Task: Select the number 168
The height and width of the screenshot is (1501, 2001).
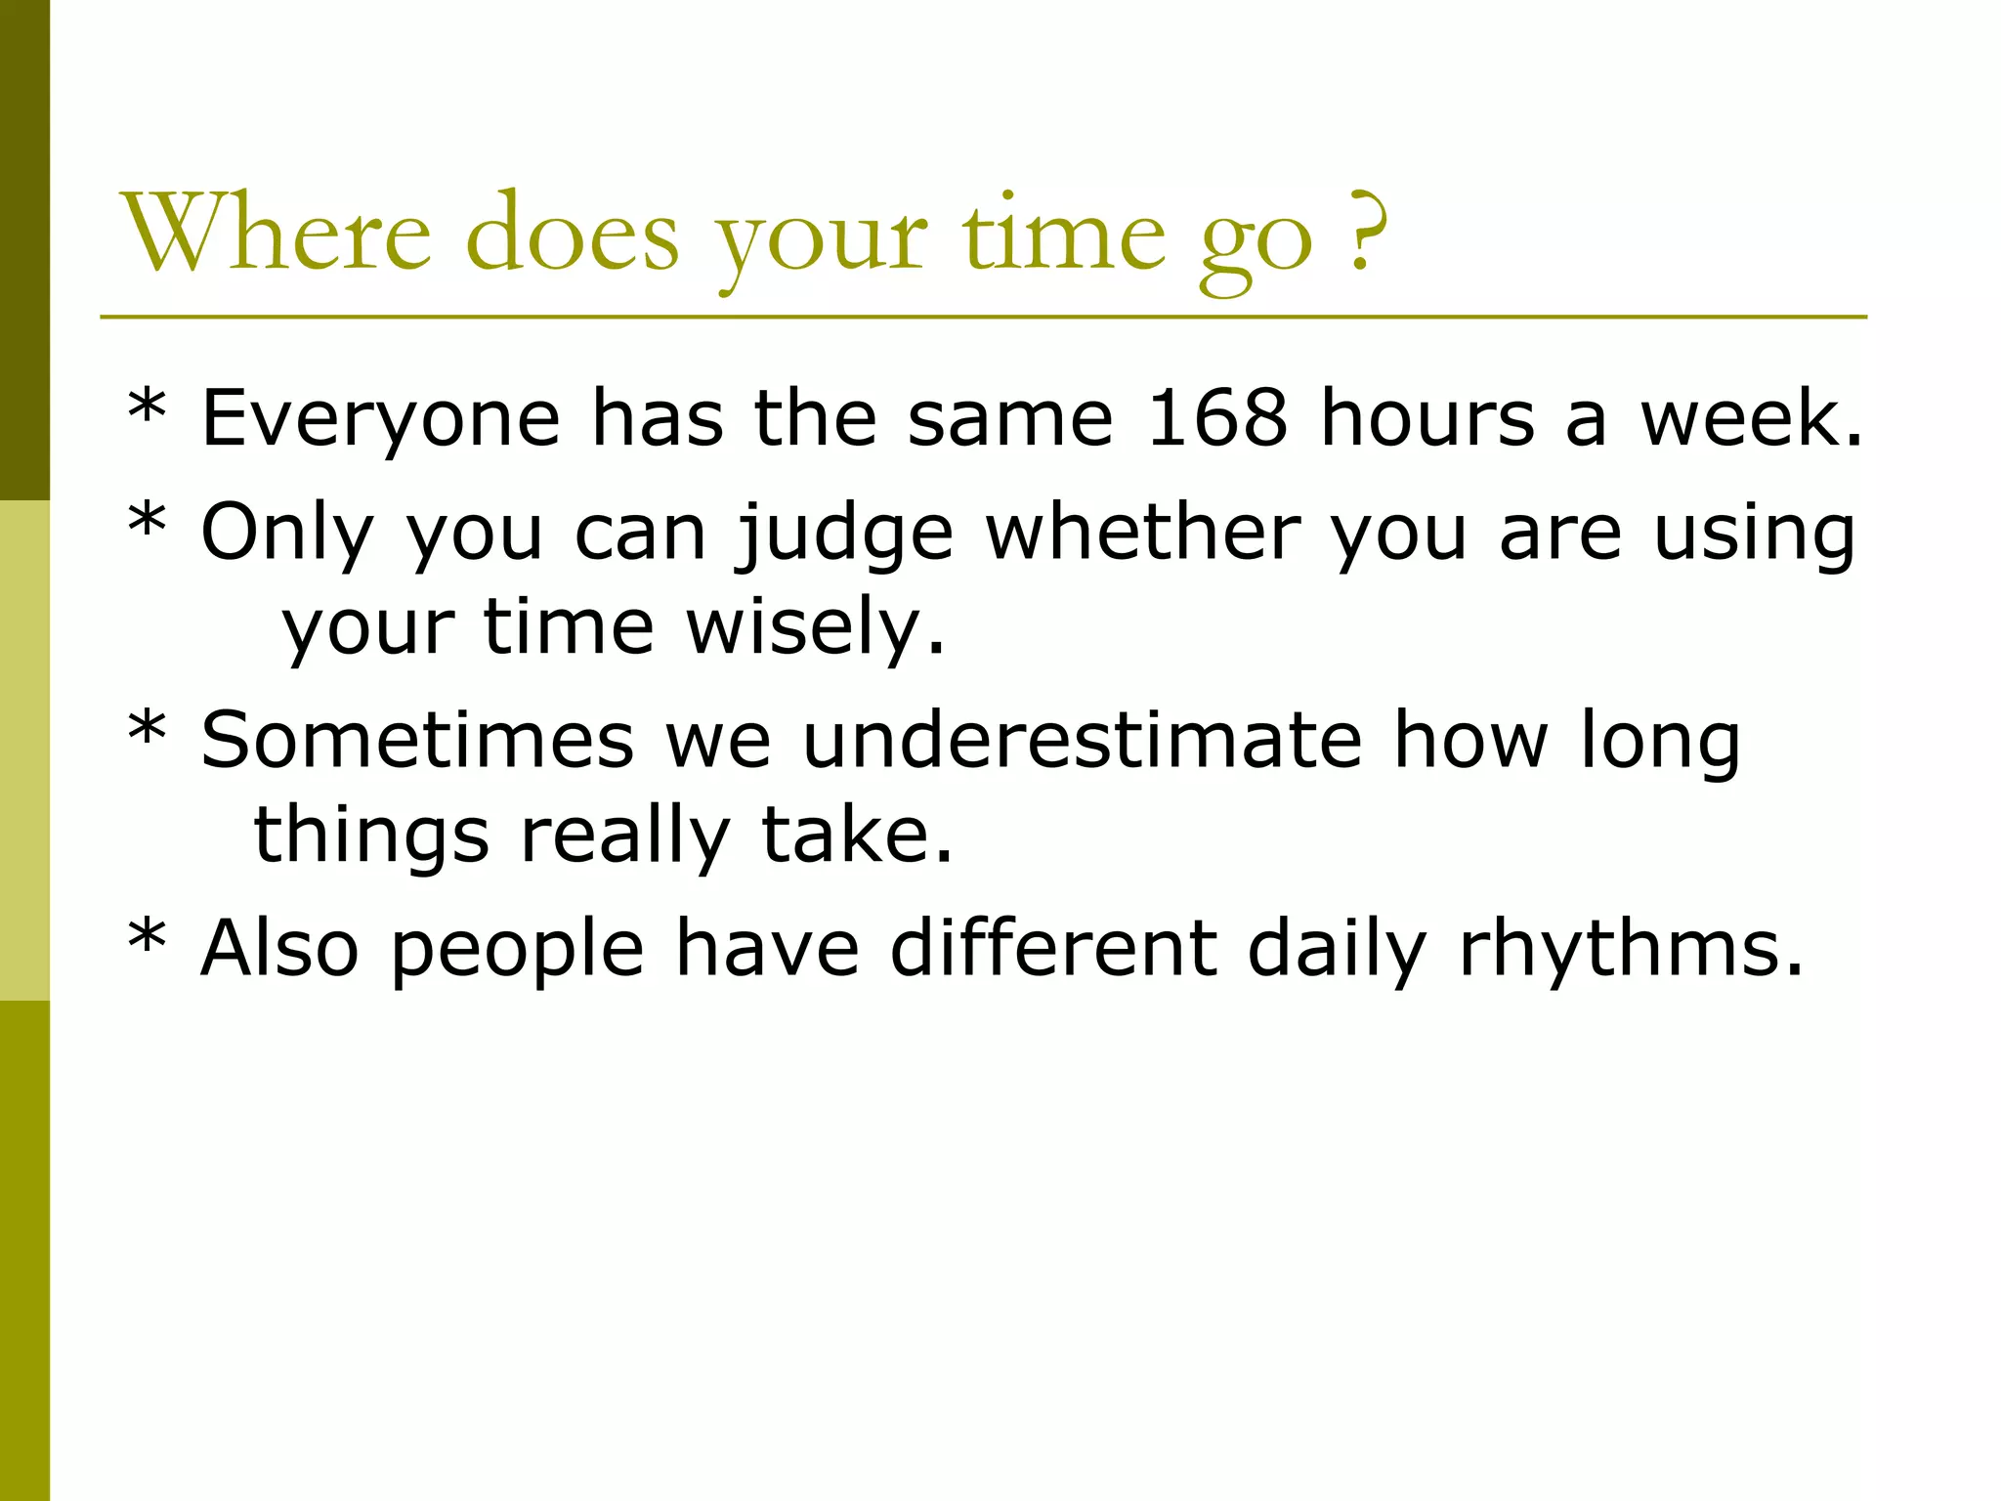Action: pos(1216,418)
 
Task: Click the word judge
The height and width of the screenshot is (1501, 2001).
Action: pos(846,536)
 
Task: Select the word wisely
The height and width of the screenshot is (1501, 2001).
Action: pos(817,627)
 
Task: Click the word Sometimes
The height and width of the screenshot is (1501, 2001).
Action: pos(417,741)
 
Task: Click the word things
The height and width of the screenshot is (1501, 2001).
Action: pos(371,838)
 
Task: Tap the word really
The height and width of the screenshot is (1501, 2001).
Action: pos(625,838)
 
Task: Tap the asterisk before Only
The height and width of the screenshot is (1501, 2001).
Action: pos(147,520)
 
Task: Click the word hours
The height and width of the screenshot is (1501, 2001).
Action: pos(1427,418)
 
